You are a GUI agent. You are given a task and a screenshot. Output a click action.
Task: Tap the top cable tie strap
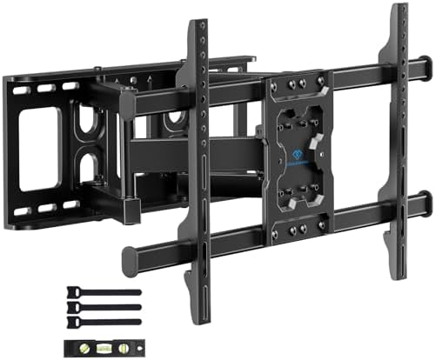(108, 292)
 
